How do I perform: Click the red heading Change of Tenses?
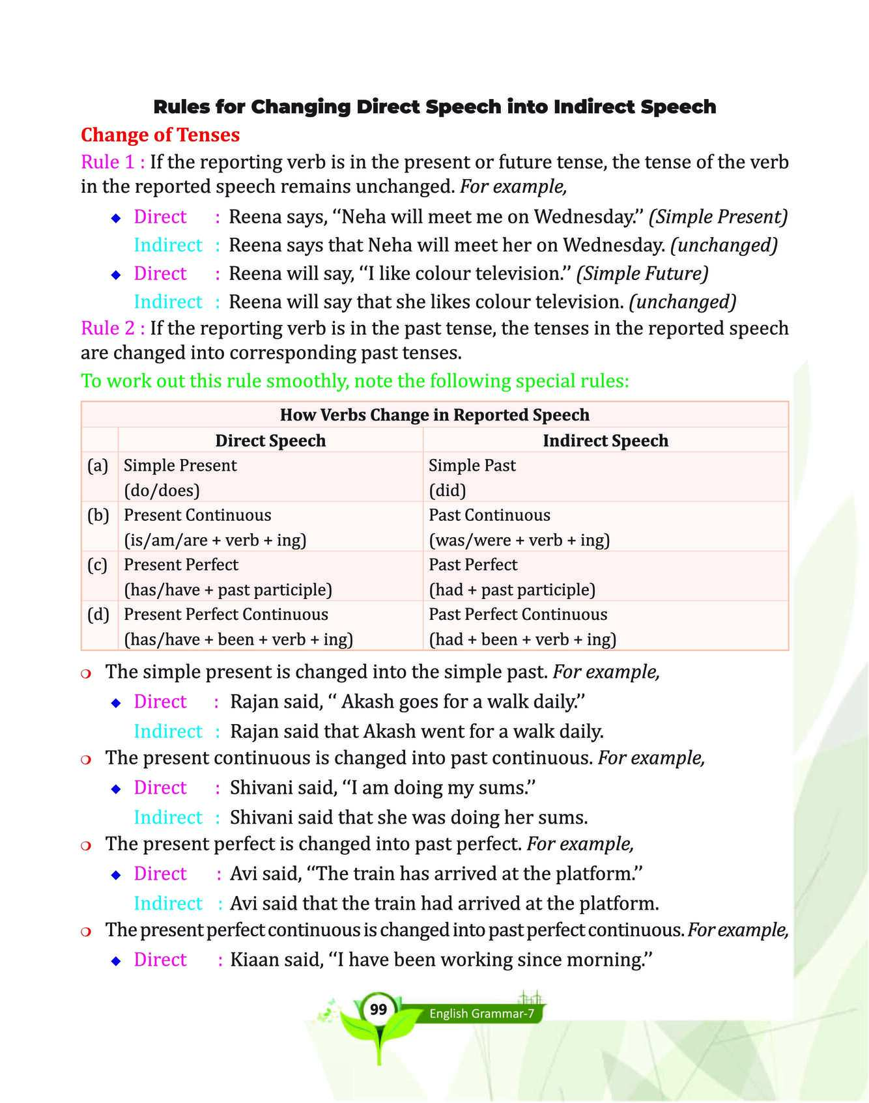click(160, 135)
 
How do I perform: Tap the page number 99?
click(378, 1009)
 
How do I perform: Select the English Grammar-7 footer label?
click(481, 1014)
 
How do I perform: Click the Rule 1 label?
click(112, 162)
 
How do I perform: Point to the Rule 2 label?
click(112, 328)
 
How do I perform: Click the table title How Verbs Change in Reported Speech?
click(434, 415)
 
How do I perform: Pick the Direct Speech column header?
click(270, 441)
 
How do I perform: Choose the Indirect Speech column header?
click(605, 441)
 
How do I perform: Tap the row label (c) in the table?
click(98, 565)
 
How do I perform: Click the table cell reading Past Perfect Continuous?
click(518, 614)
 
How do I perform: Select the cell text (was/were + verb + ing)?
click(519, 540)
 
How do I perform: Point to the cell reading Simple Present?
click(180, 466)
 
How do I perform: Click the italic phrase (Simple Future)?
click(642, 273)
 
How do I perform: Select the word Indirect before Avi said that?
click(168, 904)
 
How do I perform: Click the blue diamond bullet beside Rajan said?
click(116, 703)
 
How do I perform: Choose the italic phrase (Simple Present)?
click(719, 217)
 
